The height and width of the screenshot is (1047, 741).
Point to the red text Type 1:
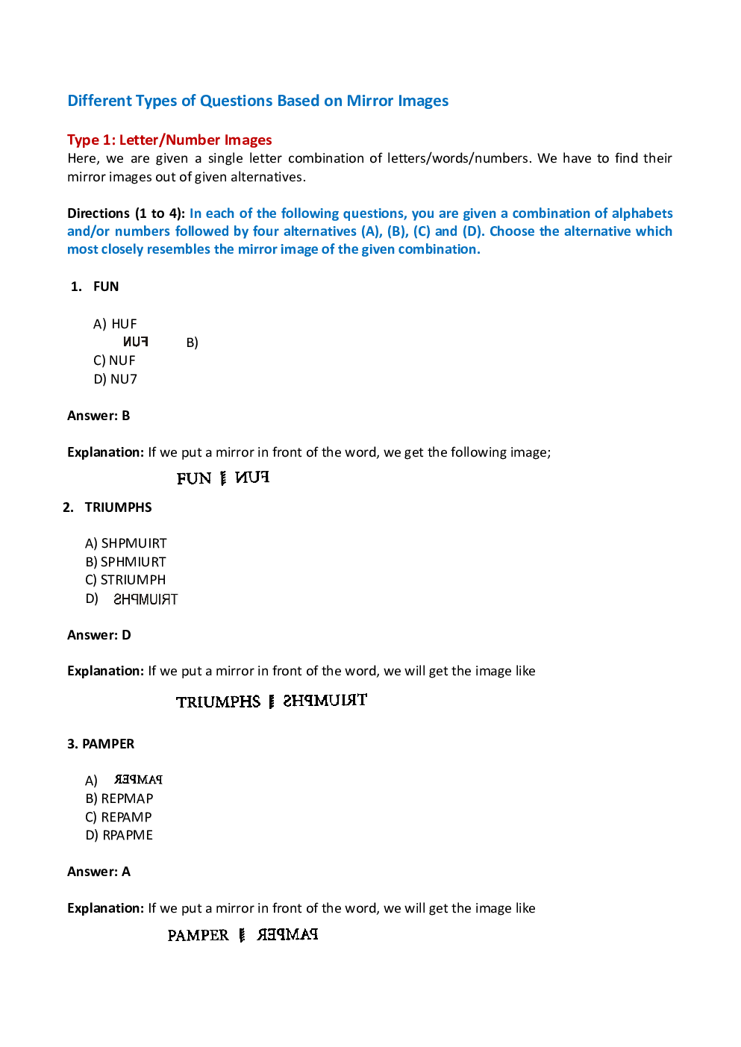pyautogui.click(x=91, y=140)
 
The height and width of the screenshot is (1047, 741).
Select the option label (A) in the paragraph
pyautogui.click(x=371, y=231)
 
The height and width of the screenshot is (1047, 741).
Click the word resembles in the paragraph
pyautogui.click(x=179, y=249)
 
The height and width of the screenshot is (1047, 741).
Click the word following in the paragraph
pyautogui.click(x=308, y=213)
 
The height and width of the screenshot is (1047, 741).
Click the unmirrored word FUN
pyautogui.click(x=194, y=478)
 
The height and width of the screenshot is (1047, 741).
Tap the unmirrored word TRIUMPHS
pyautogui.click(x=219, y=701)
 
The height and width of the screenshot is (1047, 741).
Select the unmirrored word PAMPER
pyautogui.click(x=198, y=935)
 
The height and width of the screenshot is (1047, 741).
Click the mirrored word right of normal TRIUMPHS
pyautogui.click(x=325, y=701)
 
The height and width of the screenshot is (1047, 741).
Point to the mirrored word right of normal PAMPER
pyautogui.click(x=287, y=934)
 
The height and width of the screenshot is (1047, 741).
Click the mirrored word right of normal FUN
pyautogui.click(x=252, y=478)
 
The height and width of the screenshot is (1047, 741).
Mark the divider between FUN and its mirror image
pyautogui.click(x=223, y=478)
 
